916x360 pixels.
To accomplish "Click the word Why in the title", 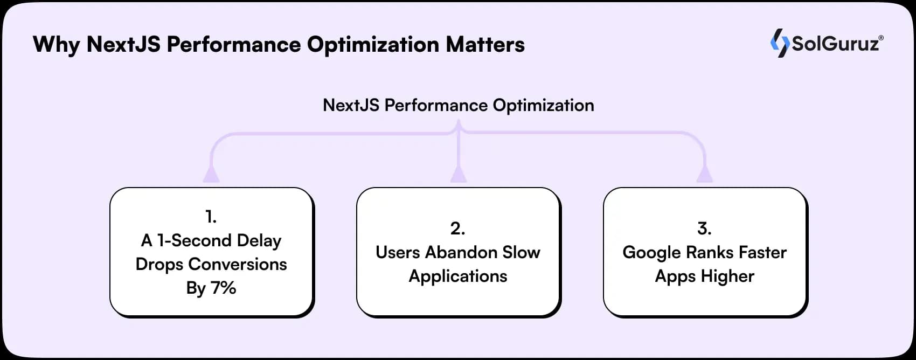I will tap(56, 45).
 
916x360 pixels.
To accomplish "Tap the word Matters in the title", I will tap(485, 45).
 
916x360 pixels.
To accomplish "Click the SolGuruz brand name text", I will tap(835, 44).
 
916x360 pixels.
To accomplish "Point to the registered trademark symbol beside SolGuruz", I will tap(881, 38).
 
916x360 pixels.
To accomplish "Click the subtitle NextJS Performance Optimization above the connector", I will tap(458, 105).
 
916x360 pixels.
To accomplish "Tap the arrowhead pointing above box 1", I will tap(211, 174).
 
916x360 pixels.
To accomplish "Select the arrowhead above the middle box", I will tap(458, 174).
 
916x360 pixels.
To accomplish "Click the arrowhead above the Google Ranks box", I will tap(704, 174).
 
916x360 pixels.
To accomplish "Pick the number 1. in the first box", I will tap(211, 217).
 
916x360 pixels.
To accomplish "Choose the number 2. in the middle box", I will tap(457, 229).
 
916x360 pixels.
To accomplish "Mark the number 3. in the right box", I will tap(704, 229).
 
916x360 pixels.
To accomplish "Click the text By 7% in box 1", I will tap(211, 288).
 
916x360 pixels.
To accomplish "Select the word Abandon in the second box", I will tap(461, 252).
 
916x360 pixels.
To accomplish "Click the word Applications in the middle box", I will tap(458, 276).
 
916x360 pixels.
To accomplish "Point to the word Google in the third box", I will tap(651, 252).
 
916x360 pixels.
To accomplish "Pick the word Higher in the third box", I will tap(727, 276).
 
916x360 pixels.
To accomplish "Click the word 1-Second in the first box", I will tap(187, 240).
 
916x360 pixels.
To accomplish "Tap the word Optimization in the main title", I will tap(373, 45).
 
